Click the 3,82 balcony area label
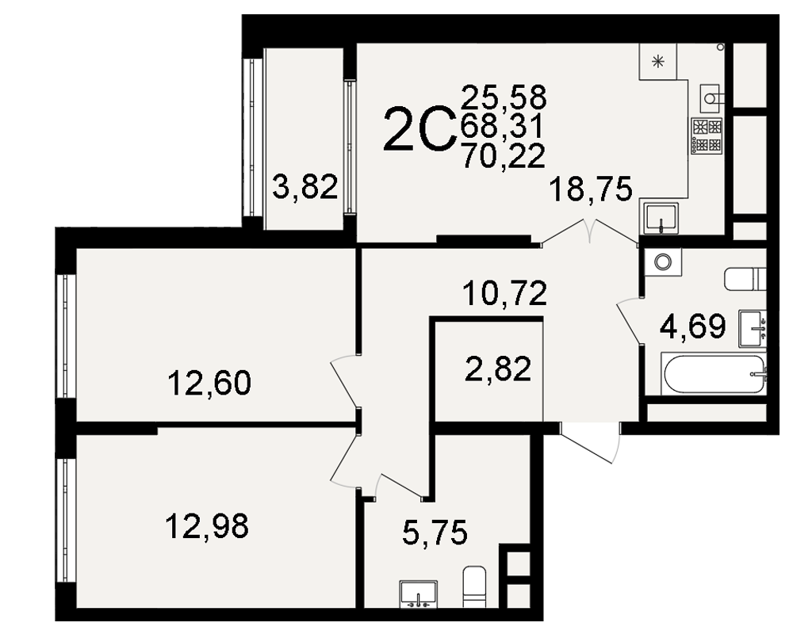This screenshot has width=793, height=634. click(x=305, y=186)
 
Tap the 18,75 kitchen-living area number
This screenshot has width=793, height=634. click(x=590, y=189)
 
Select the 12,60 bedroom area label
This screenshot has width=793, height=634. click(x=209, y=383)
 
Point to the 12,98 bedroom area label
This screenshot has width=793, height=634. click(x=207, y=525)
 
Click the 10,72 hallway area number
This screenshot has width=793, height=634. click(x=504, y=293)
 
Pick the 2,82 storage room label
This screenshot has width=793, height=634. click(x=498, y=369)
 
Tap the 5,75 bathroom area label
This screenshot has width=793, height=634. click(x=435, y=533)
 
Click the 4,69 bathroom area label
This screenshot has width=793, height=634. click(x=693, y=326)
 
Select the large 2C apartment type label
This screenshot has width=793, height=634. click(x=419, y=129)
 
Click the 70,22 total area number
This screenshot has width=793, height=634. click(x=504, y=155)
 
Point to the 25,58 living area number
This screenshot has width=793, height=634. click(x=504, y=97)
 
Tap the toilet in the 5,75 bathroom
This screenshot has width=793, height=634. click(x=474, y=586)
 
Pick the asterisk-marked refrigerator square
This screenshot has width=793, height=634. click(x=657, y=62)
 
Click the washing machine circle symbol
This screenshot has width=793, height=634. click(x=662, y=262)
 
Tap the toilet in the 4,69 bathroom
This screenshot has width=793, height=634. click(x=745, y=279)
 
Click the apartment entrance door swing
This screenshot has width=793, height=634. click(x=590, y=442)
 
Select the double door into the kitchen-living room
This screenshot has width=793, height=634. click(x=590, y=232)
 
